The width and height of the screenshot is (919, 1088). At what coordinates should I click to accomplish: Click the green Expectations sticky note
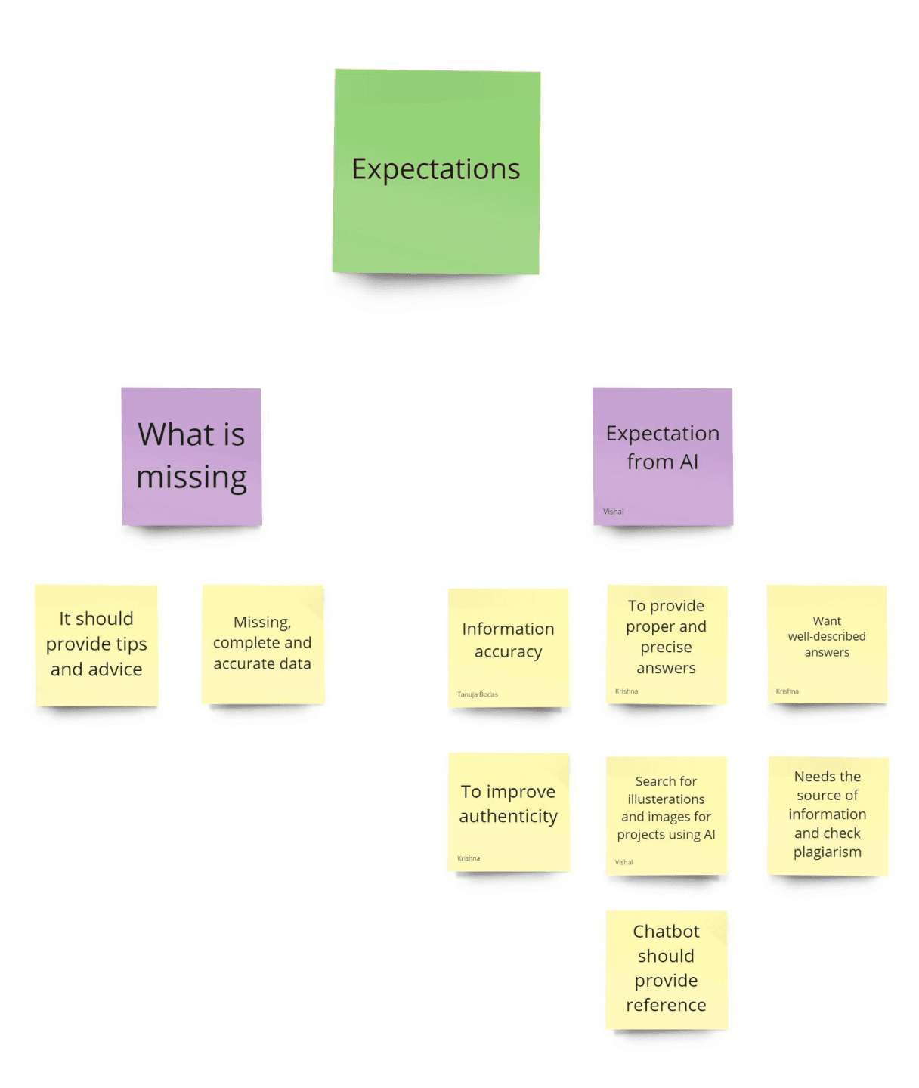coord(436,171)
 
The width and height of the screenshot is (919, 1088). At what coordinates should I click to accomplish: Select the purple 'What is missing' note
coord(191,456)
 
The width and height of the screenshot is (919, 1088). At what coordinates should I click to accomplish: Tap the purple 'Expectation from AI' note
coord(662,456)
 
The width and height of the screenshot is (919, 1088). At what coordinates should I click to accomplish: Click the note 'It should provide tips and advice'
coord(96,644)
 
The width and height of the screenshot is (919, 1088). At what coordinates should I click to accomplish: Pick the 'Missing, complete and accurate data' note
coord(262,644)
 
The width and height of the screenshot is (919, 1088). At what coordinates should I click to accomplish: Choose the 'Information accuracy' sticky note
coord(508,647)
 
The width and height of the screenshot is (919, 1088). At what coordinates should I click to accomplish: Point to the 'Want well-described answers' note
coord(827,644)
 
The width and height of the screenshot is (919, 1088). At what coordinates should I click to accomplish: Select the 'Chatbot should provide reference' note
coord(666,969)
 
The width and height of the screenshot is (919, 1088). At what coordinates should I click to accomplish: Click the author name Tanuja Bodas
coord(478,694)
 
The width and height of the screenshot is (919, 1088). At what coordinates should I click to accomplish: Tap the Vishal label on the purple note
coord(614,512)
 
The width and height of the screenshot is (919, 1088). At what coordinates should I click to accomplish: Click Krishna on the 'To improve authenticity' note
coord(469,858)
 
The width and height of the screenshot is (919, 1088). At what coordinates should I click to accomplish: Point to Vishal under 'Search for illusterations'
coord(624,862)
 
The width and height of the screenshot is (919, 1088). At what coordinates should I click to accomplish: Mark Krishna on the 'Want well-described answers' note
coord(787,691)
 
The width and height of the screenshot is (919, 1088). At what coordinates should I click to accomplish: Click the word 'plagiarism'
coord(828,852)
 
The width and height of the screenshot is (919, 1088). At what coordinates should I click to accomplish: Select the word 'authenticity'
coord(508,817)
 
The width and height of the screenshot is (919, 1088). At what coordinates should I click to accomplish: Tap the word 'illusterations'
coord(666,799)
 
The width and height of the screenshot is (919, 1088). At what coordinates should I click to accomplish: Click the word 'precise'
coord(666,648)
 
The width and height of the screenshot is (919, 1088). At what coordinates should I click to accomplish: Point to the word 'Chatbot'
coord(666,932)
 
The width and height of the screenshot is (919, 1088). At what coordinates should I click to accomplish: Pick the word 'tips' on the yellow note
coord(132,644)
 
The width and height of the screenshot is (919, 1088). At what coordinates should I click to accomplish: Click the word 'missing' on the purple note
coord(191,478)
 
